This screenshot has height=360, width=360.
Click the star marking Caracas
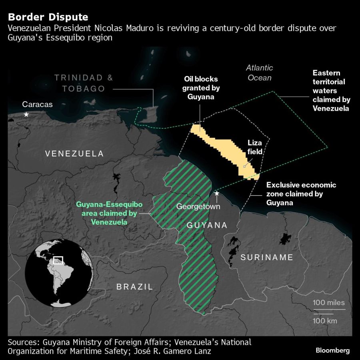[x=26, y=115]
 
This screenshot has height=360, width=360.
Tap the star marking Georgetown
[x=217, y=193]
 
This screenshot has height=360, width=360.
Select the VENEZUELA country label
[x=74, y=153]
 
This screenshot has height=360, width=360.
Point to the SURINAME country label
[x=267, y=257]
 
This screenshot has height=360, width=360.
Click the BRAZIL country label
[x=135, y=286]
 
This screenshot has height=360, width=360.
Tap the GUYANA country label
[x=207, y=225]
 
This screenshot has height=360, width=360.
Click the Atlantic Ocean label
[x=260, y=73]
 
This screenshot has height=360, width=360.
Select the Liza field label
[x=255, y=147]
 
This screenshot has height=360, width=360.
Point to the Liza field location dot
[x=244, y=166]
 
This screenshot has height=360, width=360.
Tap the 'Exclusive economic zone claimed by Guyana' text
[x=301, y=194]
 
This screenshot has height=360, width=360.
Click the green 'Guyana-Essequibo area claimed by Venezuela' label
[x=109, y=213]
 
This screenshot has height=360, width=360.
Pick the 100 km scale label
[x=325, y=321]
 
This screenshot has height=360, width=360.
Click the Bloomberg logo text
[x=333, y=350]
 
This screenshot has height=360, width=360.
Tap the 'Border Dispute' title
[x=48, y=17]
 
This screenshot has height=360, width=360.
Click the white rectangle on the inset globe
[x=58, y=260]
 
